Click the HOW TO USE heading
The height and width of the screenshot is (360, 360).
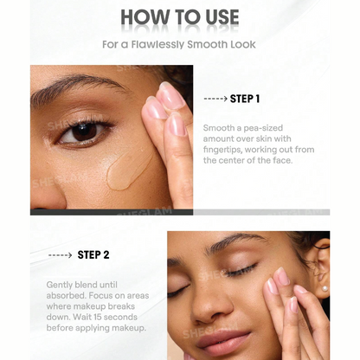coord(179,17)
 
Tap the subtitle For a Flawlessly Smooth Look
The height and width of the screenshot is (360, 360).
coord(179,43)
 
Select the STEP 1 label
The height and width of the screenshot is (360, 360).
coord(245,99)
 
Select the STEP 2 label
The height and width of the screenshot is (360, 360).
coord(93,255)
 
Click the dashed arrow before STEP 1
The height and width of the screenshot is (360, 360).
coord(215,99)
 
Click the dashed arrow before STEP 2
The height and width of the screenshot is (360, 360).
coord(61,255)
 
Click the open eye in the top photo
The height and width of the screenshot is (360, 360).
coord(85,131)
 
